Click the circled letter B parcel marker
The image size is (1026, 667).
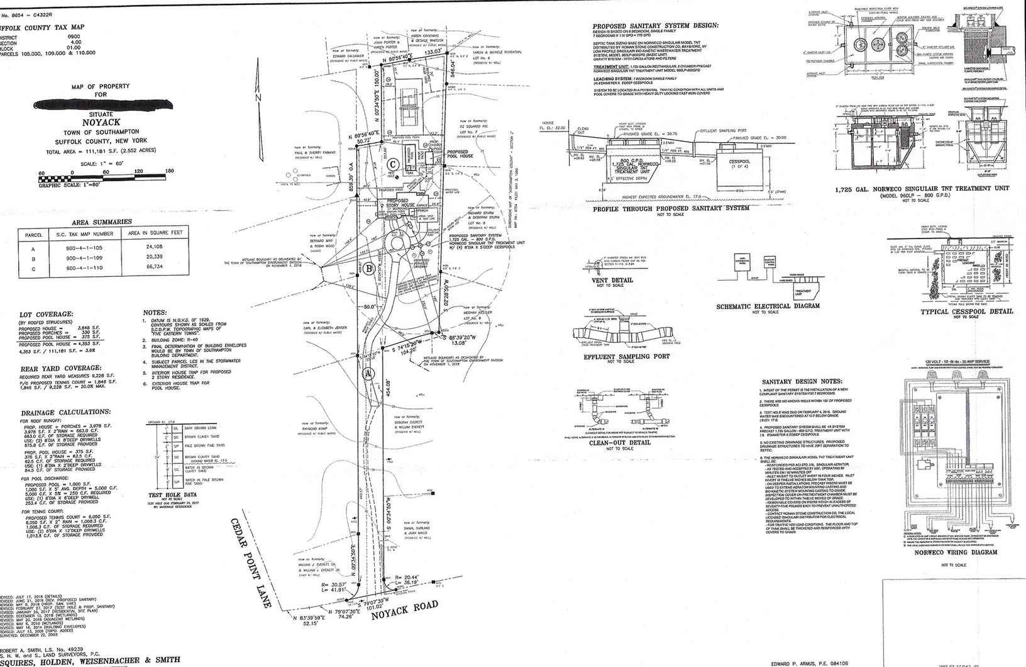(x=370, y=269)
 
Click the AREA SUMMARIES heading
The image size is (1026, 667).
(x=102, y=222)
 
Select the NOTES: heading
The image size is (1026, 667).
(x=154, y=312)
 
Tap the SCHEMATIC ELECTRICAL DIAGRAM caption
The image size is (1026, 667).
(x=768, y=306)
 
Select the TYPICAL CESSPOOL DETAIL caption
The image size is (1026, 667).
(x=967, y=311)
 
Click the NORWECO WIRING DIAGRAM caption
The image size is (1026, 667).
(x=956, y=552)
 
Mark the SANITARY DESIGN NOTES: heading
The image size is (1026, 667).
(x=801, y=381)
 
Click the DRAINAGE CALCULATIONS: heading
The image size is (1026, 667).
(x=65, y=412)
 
